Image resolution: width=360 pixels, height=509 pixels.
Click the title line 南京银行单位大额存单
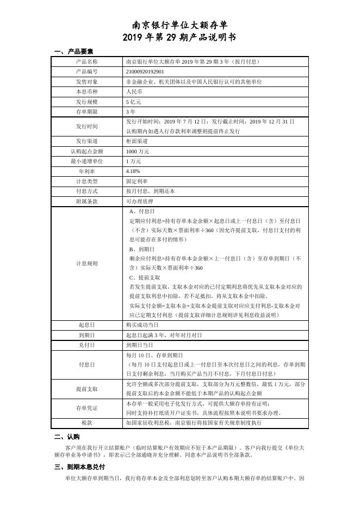coord(180,25)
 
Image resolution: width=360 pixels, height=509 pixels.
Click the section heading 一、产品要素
coord(74,52)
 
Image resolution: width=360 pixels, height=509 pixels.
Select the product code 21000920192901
coord(145,71)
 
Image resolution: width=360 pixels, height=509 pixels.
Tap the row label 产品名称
coord(87,62)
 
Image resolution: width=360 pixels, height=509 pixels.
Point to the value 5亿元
coord(133,102)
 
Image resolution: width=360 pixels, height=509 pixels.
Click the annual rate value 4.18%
coord(133,171)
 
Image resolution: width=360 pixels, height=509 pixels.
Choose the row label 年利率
coord(87,171)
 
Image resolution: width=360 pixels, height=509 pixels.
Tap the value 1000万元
coord(137,151)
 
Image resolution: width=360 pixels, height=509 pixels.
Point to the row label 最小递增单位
coord(87,162)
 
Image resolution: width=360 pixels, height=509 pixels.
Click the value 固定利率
coord(137,181)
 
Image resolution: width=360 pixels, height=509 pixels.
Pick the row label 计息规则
coord(87,263)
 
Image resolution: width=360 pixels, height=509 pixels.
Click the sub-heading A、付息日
coord(142,211)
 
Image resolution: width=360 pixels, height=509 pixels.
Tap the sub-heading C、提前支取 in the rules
coord(145,277)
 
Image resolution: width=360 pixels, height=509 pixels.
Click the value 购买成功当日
coord(142,325)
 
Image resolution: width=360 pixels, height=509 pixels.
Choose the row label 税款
coord(87,421)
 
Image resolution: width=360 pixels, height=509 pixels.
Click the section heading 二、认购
coord(67,437)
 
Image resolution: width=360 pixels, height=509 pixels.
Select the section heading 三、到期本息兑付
coord(80,467)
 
